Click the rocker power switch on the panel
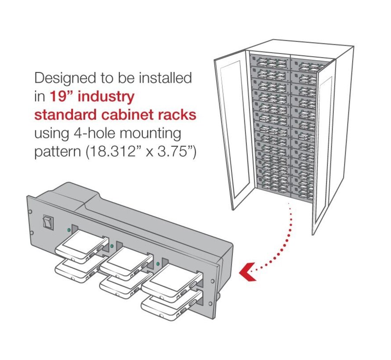47,223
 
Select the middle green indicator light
112,245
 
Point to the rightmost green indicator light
158,263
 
